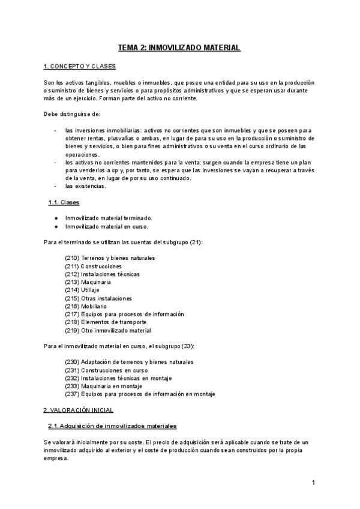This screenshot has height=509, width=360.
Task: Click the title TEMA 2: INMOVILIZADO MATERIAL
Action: [x=179, y=47]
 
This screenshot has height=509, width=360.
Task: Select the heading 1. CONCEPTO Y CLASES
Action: [x=80, y=66]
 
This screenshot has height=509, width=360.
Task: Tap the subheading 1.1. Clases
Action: [x=64, y=202]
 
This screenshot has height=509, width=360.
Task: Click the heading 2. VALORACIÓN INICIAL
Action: [x=79, y=410]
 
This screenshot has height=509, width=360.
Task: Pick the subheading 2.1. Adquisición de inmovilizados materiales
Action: [x=112, y=426]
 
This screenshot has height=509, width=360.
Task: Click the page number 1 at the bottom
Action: [x=313, y=483]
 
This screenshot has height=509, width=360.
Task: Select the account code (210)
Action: [x=71, y=258]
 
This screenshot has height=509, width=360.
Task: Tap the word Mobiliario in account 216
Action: [x=94, y=306]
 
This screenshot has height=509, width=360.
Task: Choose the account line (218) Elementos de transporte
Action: [x=105, y=322]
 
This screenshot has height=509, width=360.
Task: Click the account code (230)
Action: [x=71, y=362]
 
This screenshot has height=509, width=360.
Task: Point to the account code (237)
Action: [x=71, y=394]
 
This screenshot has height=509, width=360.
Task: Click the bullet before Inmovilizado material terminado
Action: [x=56, y=218]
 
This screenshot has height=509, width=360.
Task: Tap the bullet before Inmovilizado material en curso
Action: [x=56, y=226]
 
